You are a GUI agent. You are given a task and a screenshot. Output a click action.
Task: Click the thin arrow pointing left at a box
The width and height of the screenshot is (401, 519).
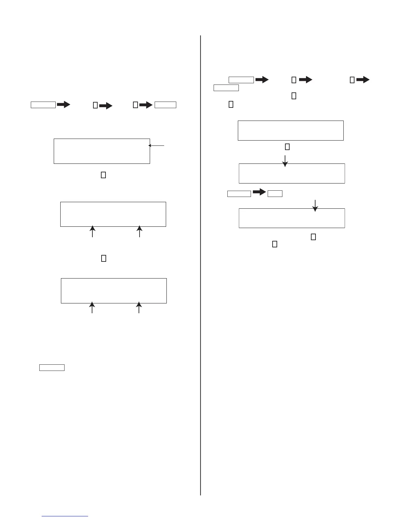[x=156, y=146]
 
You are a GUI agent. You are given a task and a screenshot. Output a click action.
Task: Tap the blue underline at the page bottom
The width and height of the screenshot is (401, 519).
[x=65, y=516]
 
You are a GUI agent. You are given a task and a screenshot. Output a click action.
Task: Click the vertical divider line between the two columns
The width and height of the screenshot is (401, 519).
[x=200, y=262]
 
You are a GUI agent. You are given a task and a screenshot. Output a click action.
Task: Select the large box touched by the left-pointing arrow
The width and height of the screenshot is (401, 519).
[x=102, y=151]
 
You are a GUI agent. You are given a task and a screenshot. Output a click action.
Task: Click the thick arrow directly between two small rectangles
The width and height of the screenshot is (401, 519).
[x=259, y=192]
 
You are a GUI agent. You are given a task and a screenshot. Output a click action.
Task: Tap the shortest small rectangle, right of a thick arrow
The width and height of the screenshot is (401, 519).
[x=275, y=193]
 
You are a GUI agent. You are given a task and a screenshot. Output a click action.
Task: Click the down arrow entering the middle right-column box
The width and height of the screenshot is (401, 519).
[x=285, y=161]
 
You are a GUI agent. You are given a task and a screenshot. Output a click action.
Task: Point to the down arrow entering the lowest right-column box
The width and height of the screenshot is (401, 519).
[x=315, y=205]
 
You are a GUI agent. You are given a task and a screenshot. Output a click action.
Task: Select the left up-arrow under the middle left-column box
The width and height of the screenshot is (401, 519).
[x=93, y=231]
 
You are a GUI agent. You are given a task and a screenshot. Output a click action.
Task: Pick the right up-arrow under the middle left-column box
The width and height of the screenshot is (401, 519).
[x=140, y=231]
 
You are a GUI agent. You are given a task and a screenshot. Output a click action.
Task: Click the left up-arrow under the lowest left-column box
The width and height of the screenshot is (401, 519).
[x=92, y=307]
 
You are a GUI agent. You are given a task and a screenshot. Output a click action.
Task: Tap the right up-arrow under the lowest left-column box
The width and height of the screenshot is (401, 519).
[x=139, y=307]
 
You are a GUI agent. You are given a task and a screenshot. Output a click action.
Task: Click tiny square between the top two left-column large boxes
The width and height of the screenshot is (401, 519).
[x=103, y=175]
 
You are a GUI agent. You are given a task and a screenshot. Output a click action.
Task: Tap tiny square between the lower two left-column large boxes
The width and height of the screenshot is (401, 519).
[x=104, y=259]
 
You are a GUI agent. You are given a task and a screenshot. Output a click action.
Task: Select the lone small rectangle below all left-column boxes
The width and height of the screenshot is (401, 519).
[x=52, y=367]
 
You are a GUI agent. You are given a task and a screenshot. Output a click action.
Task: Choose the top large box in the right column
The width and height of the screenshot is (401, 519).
[x=291, y=130]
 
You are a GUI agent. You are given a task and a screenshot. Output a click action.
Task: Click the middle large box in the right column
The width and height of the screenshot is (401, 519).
[x=292, y=173]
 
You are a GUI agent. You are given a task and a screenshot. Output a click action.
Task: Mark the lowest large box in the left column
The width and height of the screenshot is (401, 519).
[x=114, y=291]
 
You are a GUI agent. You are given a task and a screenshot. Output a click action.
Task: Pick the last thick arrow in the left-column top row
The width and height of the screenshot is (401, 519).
[x=146, y=105]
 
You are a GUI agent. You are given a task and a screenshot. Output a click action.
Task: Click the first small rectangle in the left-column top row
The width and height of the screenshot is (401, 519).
[x=43, y=105]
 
